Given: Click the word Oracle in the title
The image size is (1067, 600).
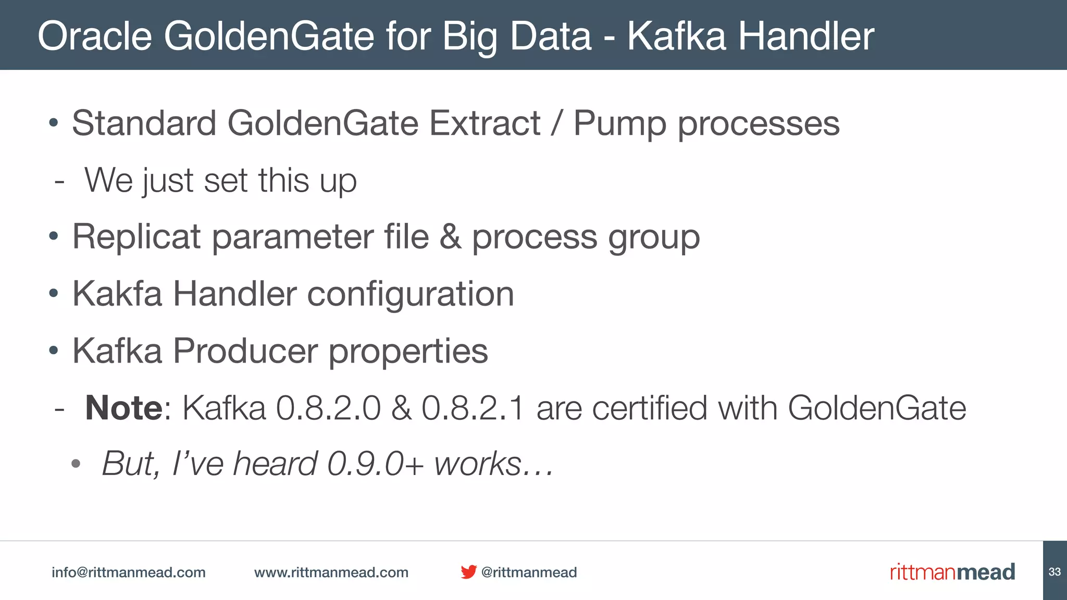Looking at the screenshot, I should [x=94, y=36].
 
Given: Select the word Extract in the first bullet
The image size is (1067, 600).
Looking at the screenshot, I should [x=485, y=123].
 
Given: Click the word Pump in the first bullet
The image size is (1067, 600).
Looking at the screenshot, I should [x=619, y=124].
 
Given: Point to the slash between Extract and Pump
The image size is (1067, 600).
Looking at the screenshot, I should [x=556, y=123].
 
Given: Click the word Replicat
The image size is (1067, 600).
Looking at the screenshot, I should [x=137, y=237].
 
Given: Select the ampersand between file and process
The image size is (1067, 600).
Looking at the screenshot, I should [x=450, y=237].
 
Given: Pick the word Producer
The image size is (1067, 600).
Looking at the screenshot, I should [x=245, y=351].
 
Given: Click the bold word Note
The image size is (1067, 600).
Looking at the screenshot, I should [x=124, y=408].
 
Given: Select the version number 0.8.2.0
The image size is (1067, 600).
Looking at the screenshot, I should [x=328, y=408].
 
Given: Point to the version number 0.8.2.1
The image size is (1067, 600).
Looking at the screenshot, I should [x=473, y=408].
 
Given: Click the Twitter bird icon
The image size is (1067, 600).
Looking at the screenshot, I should [x=468, y=572].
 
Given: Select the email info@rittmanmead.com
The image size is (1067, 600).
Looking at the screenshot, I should [x=129, y=572].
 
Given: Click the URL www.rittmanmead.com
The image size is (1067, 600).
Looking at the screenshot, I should [x=331, y=572].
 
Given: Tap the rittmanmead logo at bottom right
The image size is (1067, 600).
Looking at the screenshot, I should [x=952, y=572].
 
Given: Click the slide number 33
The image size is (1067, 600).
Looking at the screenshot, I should [x=1054, y=572].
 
